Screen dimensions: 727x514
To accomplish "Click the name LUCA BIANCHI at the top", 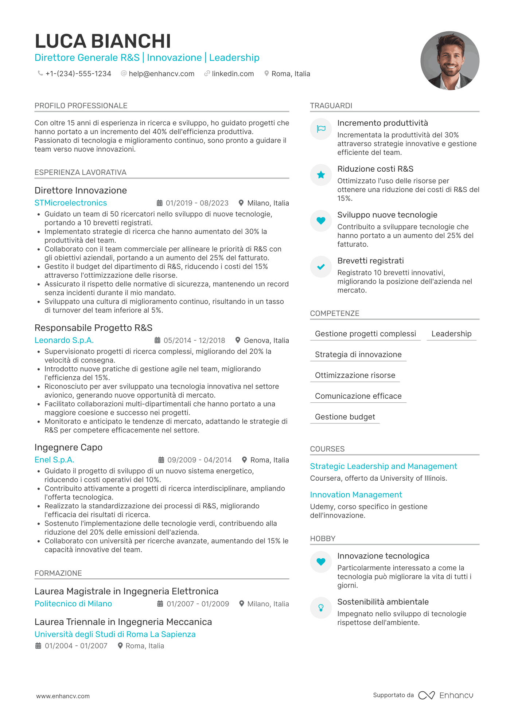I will pos(102,41).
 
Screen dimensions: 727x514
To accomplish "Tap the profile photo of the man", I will pos(449,60).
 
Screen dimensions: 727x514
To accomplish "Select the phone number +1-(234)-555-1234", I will pos(78,74).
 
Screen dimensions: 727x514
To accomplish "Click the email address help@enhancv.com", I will pos(161,74).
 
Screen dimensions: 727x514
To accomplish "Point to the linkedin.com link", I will pos(233,74).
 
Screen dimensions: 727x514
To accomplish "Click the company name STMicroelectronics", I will pos(71,203).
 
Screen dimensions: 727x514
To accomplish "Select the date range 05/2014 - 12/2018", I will pos(194,340).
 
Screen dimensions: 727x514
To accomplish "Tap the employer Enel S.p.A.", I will pos(54,460).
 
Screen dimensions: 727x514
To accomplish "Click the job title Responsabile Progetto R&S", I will pos(93,328).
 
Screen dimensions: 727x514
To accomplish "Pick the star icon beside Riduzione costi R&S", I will pos(321,175).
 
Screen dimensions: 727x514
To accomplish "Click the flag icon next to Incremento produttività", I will pos(321,129).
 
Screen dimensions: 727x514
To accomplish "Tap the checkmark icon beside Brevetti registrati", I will pos(321,267).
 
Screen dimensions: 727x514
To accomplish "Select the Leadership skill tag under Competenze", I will pos(451,334).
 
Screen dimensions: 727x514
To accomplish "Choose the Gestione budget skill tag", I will pos(345,417).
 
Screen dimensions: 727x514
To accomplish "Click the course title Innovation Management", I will pos(356,495).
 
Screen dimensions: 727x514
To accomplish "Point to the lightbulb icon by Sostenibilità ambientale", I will pos(321,607).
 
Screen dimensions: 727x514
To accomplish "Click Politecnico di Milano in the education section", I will pos(73,603).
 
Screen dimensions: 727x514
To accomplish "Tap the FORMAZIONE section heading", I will pos(58,573).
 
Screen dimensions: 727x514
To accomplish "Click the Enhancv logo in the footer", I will pos(445,695).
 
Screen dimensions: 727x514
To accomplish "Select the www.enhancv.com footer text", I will pos(63,696).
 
